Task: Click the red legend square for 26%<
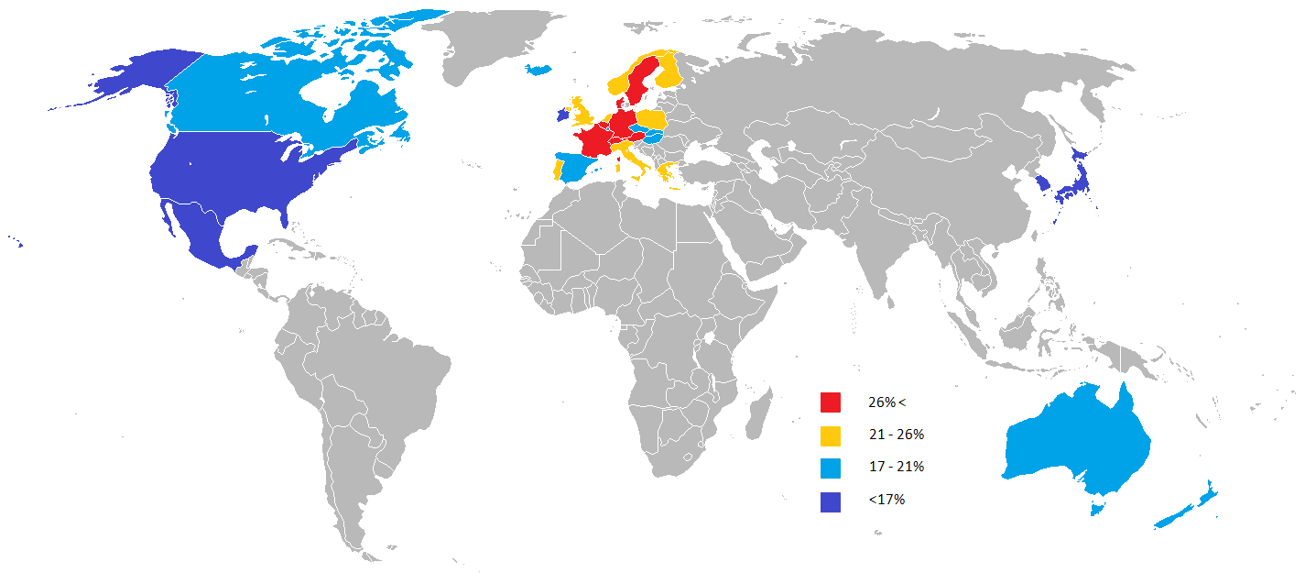(x=831, y=402)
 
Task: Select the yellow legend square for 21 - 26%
(x=831, y=435)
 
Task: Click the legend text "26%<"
(x=886, y=402)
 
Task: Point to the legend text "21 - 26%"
(x=897, y=435)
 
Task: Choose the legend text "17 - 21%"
(x=897, y=467)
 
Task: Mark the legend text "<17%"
(x=886, y=500)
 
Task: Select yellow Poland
(x=651, y=119)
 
